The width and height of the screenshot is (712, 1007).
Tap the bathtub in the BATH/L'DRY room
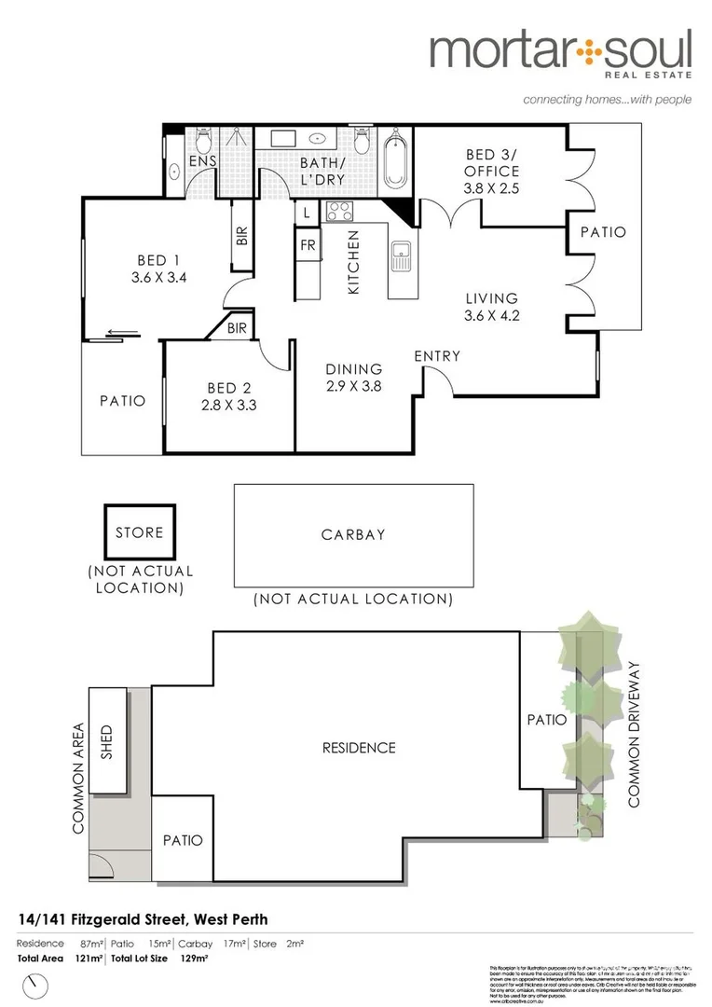coord(395,163)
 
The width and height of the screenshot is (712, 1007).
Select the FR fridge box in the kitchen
coord(307,246)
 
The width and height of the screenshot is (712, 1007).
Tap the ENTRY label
coord(437,355)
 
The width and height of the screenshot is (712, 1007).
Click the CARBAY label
coord(353,535)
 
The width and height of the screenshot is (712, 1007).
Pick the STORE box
coord(139,532)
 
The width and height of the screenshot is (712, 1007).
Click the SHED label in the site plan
coord(105,742)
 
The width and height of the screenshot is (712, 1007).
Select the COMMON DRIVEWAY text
coord(637,734)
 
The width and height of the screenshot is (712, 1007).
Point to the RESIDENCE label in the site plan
coord(359,748)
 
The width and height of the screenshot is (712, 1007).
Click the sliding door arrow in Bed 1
coord(117,331)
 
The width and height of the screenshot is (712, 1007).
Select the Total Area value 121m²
coord(84,958)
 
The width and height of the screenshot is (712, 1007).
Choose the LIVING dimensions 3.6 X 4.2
coord(491,315)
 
